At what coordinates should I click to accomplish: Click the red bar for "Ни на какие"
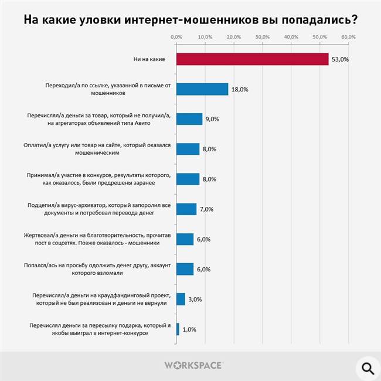(x=252, y=59)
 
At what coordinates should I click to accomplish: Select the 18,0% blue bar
(x=202, y=89)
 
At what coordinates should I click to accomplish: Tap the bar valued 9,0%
(x=189, y=119)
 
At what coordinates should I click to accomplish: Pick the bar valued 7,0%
(x=186, y=209)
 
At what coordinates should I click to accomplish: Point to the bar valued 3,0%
(x=181, y=300)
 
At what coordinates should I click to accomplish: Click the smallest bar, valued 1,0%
(x=178, y=329)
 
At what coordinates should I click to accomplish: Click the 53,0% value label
(x=340, y=59)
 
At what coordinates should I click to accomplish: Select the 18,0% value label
(x=240, y=90)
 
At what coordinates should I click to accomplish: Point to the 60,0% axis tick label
(x=348, y=37)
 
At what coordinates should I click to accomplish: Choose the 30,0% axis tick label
(x=262, y=37)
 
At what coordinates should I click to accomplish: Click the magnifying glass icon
(x=367, y=368)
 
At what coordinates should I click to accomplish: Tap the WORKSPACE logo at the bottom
(x=193, y=365)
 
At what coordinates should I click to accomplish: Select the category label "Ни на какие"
(x=151, y=59)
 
